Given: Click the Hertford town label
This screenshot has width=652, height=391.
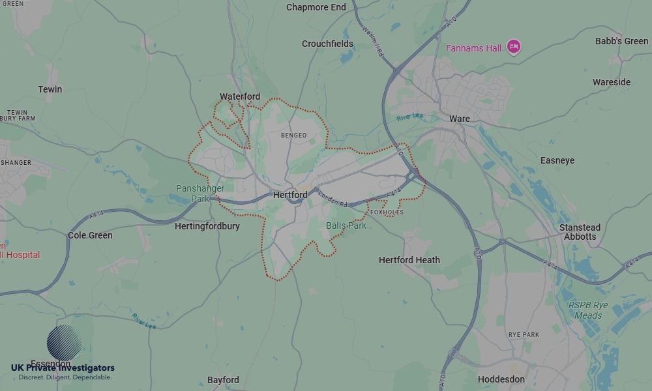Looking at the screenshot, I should pyautogui.click(x=290, y=195).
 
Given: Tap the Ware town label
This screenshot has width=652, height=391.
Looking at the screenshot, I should pyautogui.click(x=459, y=119).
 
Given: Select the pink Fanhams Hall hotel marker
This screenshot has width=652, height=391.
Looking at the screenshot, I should pyautogui.click(x=514, y=46).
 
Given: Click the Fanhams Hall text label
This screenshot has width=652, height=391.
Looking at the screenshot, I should pyautogui.click(x=473, y=48).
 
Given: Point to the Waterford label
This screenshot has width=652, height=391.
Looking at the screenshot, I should pyautogui.click(x=239, y=96).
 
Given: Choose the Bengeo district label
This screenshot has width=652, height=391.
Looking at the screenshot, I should pyautogui.click(x=293, y=136).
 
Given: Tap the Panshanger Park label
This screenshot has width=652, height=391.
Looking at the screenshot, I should pyautogui.click(x=200, y=194).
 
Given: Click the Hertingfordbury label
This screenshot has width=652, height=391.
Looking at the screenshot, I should pyautogui.click(x=207, y=226).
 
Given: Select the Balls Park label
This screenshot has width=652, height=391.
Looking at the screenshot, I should pyautogui.click(x=346, y=225).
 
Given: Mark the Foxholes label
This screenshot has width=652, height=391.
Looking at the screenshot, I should pyautogui.click(x=387, y=212).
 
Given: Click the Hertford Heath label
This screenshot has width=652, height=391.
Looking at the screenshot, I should pyautogui.click(x=409, y=259).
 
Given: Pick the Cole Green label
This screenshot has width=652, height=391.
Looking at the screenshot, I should pyautogui.click(x=90, y=235).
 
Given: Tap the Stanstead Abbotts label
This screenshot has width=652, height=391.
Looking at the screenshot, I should pyautogui.click(x=580, y=232).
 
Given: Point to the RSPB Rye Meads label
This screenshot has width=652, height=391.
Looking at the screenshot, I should pyautogui.click(x=587, y=310).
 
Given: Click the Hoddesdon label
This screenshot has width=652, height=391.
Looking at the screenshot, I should pyautogui.click(x=501, y=379).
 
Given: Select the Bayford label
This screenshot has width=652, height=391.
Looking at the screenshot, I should pyautogui.click(x=223, y=380).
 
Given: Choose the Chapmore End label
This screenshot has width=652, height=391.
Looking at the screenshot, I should pyautogui.click(x=316, y=7).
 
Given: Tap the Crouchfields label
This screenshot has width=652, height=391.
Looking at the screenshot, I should pyautogui.click(x=327, y=44).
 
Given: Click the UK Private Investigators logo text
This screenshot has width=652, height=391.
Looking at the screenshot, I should pyautogui.click(x=63, y=368).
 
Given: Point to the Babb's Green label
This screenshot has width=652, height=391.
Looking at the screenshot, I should pyautogui.click(x=621, y=41).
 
